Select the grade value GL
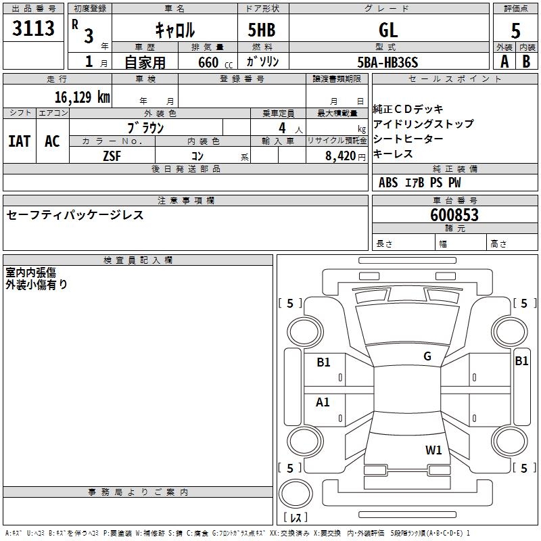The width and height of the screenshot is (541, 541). click(389, 30)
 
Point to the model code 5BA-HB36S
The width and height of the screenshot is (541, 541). click(388, 62)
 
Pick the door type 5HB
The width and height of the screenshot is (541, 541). click(262, 30)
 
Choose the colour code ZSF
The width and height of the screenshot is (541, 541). click(111, 156)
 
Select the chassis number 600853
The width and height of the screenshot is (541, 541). click(454, 215)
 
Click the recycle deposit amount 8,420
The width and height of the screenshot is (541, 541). click(342, 156)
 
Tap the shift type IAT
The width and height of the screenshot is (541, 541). click(20, 141)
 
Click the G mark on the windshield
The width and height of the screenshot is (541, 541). click(427, 356)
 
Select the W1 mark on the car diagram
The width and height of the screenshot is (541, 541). click(433, 450)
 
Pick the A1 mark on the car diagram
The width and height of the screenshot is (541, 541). click(323, 402)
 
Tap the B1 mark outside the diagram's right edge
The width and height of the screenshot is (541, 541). click(521, 361)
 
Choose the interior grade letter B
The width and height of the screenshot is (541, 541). click(526, 62)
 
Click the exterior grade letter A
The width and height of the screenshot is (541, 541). click(504, 62)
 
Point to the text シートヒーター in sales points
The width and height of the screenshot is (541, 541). click(408, 139)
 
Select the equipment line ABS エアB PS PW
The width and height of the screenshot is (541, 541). click(420, 183)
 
